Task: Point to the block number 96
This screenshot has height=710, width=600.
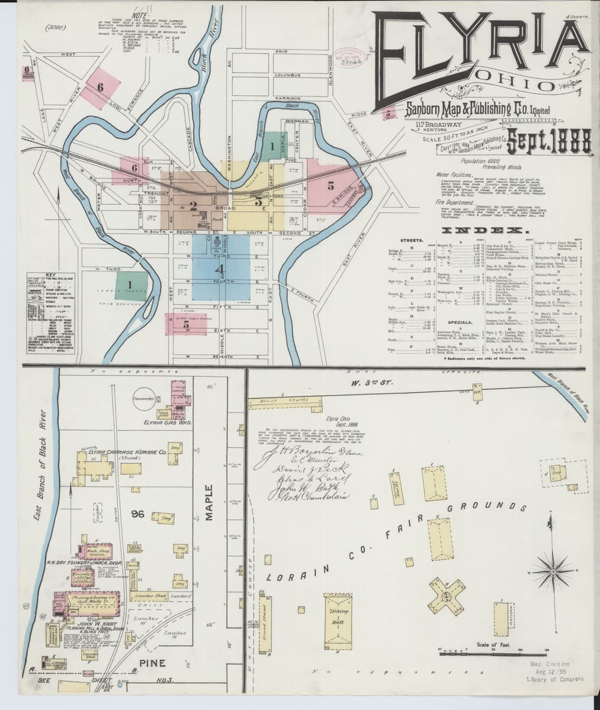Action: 139,514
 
